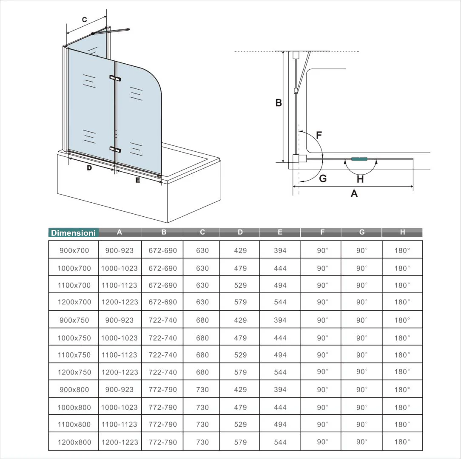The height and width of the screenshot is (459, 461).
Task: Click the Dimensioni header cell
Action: click(x=73, y=233)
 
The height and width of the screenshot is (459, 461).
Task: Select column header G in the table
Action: click(x=361, y=232)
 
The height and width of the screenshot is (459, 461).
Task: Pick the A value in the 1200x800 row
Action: click(x=120, y=442)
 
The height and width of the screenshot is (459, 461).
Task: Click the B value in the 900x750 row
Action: click(x=162, y=320)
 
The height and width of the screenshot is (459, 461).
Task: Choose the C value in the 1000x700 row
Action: click(x=202, y=268)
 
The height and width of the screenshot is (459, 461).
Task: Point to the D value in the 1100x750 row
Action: click(x=240, y=355)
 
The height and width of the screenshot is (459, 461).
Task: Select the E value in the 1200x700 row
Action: click(x=280, y=302)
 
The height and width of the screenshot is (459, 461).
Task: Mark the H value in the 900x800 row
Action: click(x=402, y=389)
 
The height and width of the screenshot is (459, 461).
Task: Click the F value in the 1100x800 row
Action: click(x=322, y=424)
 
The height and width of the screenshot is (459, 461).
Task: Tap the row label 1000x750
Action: click(x=74, y=338)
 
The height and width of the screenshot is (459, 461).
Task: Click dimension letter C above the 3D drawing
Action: click(x=84, y=20)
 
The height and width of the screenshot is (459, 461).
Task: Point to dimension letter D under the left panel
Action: click(x=89, y=168)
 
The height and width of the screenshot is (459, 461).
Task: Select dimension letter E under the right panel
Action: click(x=137, y=180)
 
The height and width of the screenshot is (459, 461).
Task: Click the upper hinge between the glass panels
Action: click(x=115, y=78)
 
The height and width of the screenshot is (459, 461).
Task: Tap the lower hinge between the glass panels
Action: click(x=115, y=149)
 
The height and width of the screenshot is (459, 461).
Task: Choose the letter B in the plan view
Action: click(x=279, y=102)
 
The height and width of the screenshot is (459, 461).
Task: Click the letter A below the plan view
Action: click(x=354, y=194)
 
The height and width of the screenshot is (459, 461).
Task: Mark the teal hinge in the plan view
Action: click(x=359, y=159)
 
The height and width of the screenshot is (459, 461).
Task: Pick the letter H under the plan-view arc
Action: click(x=360, y=179)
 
